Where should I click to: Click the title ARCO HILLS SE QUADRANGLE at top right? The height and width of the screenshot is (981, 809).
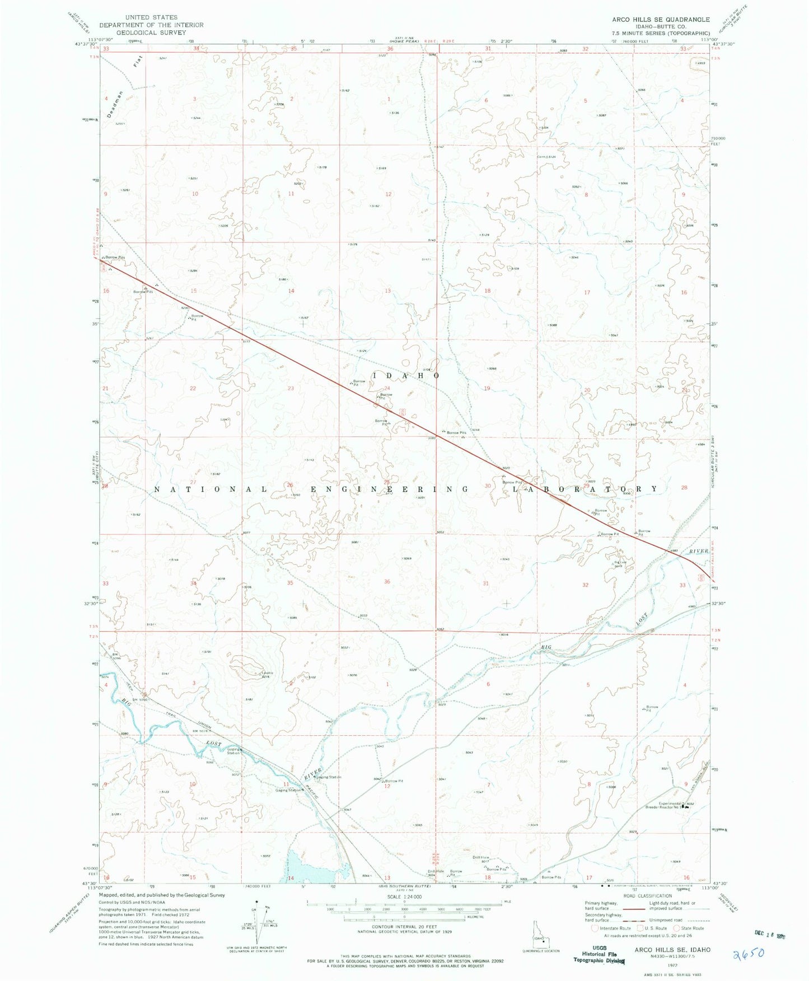tap(661, 19)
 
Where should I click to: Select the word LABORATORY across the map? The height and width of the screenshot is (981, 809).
tap(586, 489)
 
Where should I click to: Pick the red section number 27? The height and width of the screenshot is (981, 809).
tap(193, 483)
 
